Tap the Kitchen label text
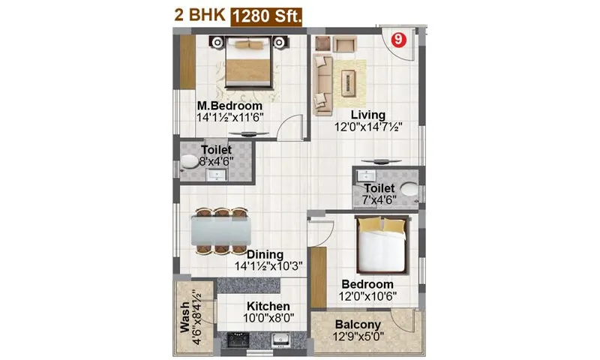coord(268,306)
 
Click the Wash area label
coord(184,320)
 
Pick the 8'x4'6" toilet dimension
coord(217,161)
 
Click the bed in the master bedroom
coord(247,63)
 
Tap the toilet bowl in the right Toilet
coord(408,190)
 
